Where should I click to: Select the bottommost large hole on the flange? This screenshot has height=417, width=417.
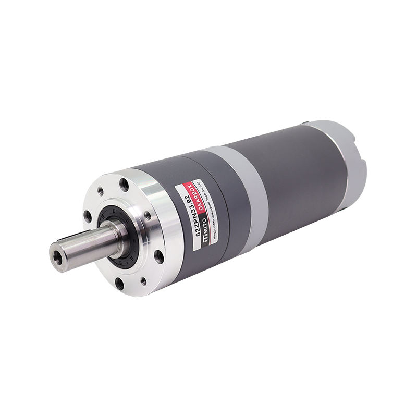point(119,284)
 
